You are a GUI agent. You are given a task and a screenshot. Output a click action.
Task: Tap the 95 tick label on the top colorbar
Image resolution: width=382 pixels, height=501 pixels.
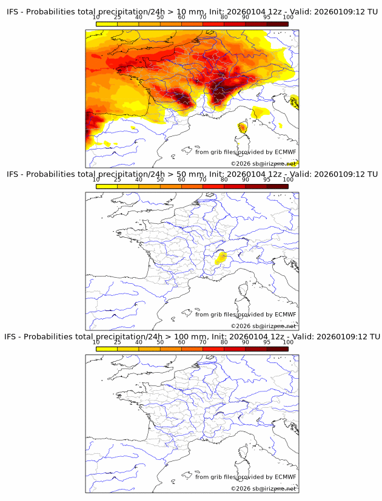click(x=267, y=18)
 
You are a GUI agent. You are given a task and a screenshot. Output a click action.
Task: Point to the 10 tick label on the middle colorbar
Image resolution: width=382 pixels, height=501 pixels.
click(x=96, y=180)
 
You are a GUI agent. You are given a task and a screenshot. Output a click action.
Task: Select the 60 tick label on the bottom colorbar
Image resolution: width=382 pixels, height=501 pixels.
click(x=181, y=342)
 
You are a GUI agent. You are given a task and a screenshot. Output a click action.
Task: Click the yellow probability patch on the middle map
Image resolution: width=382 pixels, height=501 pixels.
click(x=221, y=258)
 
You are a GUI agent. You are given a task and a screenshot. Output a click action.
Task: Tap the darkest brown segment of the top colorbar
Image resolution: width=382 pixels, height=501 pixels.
click(x=277, y=24)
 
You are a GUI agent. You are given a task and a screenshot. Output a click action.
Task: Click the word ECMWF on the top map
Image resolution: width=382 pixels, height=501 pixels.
click(x=285, y=152)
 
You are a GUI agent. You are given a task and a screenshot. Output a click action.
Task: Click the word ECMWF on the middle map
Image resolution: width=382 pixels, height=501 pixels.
click(x=285, y=314)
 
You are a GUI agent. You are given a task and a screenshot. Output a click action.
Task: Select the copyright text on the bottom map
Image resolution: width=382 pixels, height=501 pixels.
click(x=263, y=488)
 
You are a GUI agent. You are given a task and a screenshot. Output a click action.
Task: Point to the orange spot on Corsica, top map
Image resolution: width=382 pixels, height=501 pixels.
click(x=242, y=128)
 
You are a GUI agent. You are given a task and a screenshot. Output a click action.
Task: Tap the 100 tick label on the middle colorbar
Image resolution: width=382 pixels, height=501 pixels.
click(x=288, y=180)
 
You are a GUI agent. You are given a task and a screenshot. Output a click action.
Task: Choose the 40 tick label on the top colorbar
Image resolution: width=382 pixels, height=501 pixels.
click(x=139, y=18)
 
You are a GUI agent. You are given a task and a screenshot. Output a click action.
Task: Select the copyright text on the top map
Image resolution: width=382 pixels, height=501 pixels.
click(x=263, y=164)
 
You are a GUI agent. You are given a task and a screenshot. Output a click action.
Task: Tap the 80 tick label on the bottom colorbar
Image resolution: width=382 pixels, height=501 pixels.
click(x=224, y=342)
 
